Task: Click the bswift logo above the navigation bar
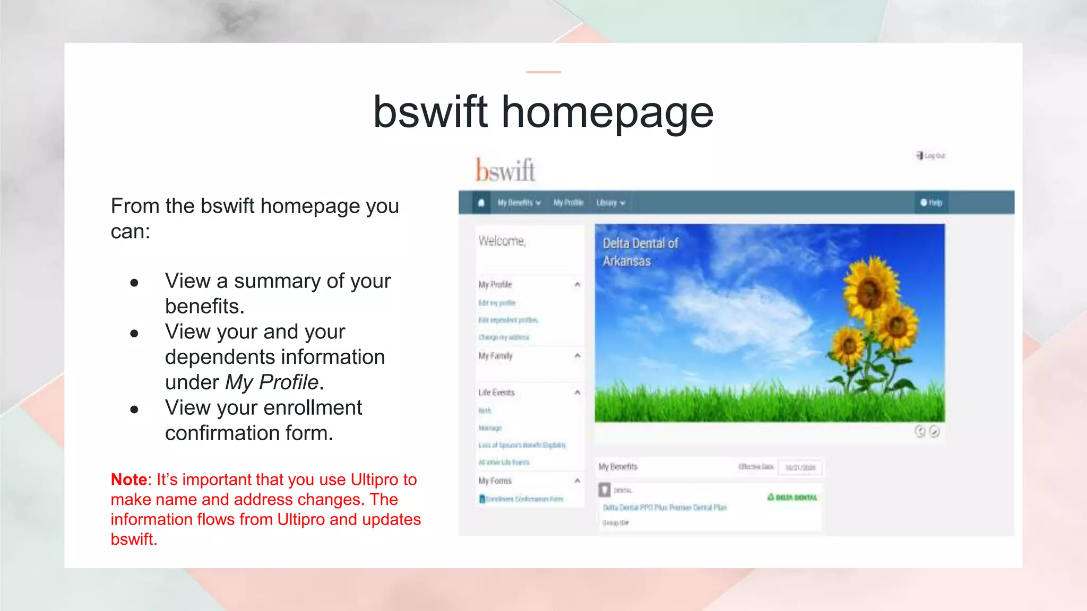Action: tap(505, 170)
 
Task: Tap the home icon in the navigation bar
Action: tap(481, 203)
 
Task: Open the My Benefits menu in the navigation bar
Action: tap(519, 203)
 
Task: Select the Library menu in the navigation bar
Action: tap(610, 203)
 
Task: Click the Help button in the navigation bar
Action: tap(931, 203)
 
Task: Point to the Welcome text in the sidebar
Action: tap(502, 241)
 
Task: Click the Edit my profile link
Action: tap(497, 303)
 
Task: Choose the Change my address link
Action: tap(504, 337)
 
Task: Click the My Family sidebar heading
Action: tap(495, 356)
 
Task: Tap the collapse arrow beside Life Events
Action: tap(577, 392)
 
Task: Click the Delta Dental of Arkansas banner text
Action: tap(640, 252)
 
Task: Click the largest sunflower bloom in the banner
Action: tap(870, 286)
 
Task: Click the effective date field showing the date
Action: tap(800, 468)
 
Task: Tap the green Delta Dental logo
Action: tap(792, 497)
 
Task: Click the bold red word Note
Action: tap(129, 479)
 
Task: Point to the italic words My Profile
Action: tap(272, 382)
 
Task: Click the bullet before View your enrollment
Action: tap(134, 409)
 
